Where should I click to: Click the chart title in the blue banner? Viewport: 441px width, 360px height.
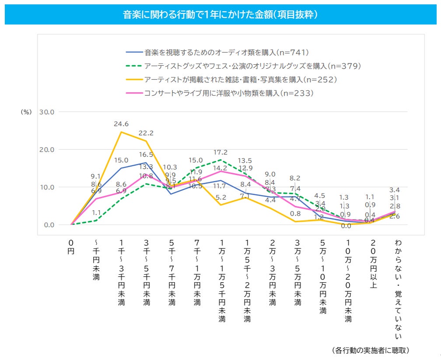coord(220,15)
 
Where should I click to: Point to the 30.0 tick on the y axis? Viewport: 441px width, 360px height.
coord(46,112)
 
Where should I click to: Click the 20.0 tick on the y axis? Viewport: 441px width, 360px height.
coord(46,150)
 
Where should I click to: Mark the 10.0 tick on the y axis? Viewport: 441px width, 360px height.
coord(46,187)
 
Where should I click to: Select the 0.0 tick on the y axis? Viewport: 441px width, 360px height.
coord(48,225)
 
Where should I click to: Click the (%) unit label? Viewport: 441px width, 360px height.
coord(26,112)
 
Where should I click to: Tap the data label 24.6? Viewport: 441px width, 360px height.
coord(121,124)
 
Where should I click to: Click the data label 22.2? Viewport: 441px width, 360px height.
coord(147,133)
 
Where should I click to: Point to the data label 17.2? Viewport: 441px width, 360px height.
coord(221,152)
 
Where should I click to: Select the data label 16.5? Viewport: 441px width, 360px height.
coord(146,154)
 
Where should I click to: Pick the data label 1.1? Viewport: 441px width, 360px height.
coord(97,213)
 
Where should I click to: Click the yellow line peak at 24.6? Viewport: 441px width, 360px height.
coord(121,132)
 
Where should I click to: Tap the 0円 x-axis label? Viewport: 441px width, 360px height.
coord(71,247)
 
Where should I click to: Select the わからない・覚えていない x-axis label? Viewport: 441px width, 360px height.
coord(398,289)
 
